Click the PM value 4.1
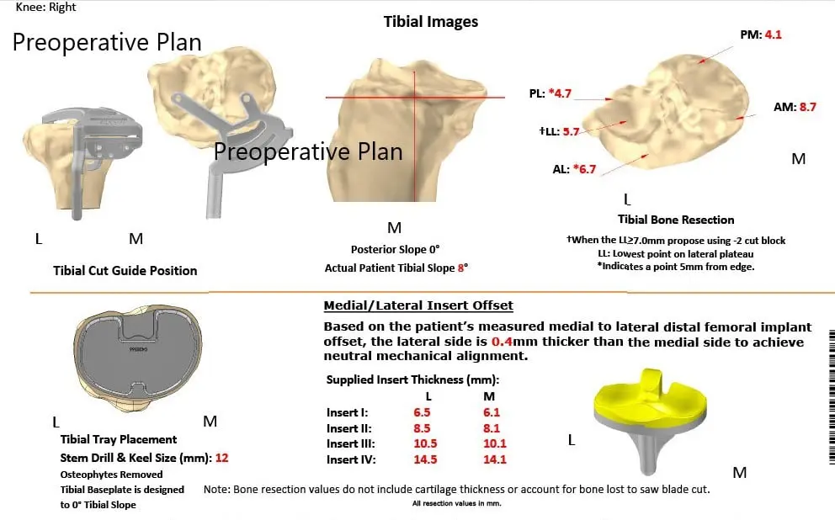coord(774,35)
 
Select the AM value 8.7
coord(806,107)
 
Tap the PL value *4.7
coord(561,93)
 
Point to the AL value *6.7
coord(583,169)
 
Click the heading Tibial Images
coord(430,22)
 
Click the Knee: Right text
coord(45,7)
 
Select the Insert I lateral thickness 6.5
coord(423,412)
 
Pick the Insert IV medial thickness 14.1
coord(490,459)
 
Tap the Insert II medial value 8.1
coord(490,428)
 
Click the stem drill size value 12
coord(221,459)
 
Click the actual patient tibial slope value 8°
coord(462,268)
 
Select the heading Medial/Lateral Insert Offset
coord(418,305)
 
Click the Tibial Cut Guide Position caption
coord(125,270)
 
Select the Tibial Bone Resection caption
coord(676,220)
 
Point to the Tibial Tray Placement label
coord(119,439)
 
